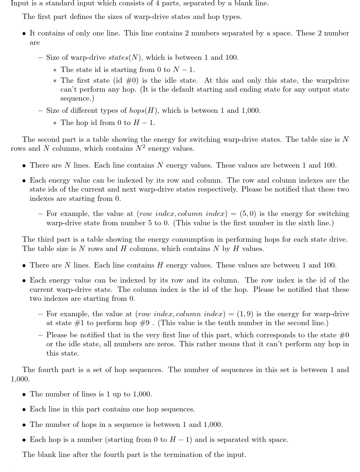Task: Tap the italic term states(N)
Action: point(125,57)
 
